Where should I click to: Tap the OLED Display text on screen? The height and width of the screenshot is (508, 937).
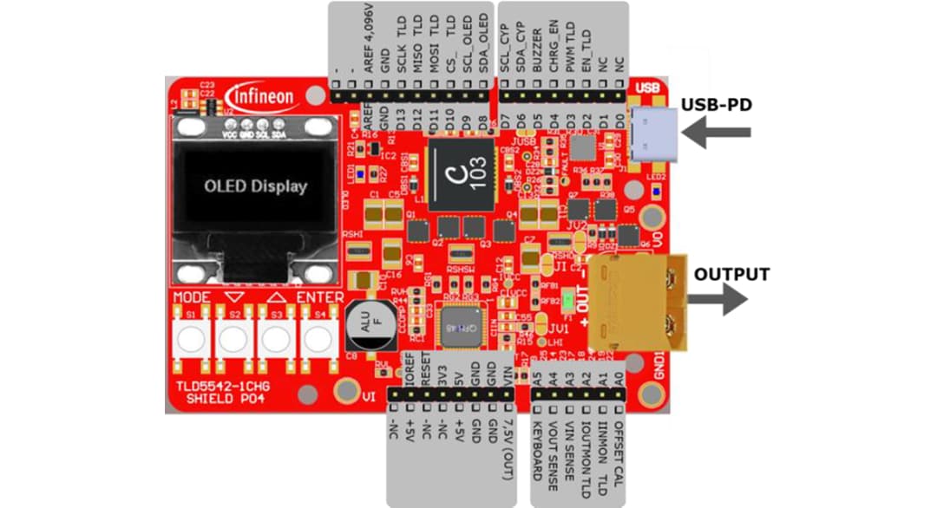[255, 186]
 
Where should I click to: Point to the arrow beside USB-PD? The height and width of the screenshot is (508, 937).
[717, 132]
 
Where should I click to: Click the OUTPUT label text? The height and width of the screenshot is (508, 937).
[731, 274]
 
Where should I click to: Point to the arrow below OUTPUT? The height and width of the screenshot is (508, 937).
[717, 300]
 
